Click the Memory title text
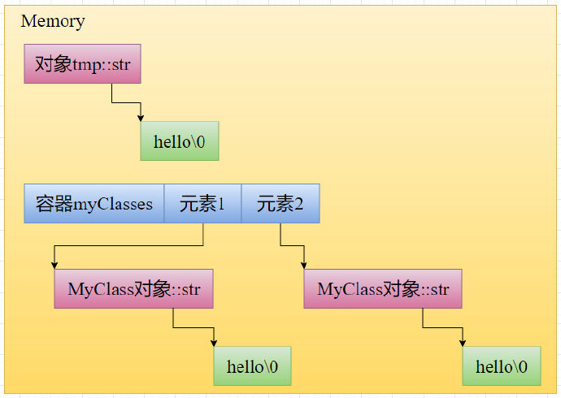point(52,21)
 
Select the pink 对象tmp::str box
point(82,63)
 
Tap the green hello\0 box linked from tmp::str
point(180,141)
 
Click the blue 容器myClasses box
point(93,203)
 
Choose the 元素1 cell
point(202,203)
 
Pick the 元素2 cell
point(280,203)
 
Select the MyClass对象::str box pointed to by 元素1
point(133,288)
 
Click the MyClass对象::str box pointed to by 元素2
point(383,288)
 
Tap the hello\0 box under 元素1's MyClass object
point(252,366)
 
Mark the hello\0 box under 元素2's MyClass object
point(502,366)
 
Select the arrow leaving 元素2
point(293,245)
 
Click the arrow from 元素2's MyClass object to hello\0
point(444,328)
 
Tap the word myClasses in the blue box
point(114,204)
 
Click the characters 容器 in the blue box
point(54,203)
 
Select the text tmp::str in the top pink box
point(102,63)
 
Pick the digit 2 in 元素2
point(299,204)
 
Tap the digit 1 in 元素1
point(220,204)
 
